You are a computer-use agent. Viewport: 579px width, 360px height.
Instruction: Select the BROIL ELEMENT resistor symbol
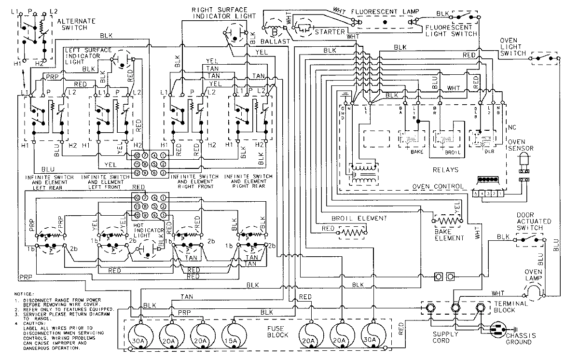pos(351,233)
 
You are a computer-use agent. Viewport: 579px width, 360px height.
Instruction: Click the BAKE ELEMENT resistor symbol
pos(447,221)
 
